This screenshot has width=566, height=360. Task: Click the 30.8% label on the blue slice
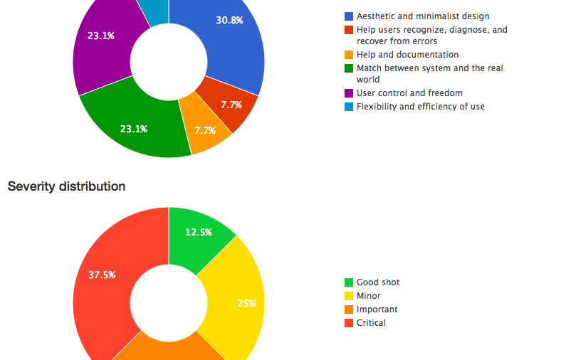point(229,21)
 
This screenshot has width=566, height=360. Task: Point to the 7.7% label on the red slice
point(231,105)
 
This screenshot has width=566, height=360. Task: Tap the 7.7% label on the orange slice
point(204,131)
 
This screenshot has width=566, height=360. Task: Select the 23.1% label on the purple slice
point(100,36)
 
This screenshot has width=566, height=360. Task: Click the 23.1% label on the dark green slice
point(133,129)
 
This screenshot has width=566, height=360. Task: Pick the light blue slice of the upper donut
point(154,11)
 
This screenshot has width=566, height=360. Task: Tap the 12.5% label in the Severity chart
point(198,232)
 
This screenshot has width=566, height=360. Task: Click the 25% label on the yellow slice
point(246,303)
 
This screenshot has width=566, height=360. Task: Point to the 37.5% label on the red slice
point(102,275)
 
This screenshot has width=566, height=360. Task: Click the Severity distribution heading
point(66,186)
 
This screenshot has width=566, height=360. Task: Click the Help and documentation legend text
point(407,55)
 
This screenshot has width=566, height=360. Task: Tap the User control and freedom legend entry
point(409,93)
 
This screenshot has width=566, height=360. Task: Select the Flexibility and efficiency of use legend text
point(420,107)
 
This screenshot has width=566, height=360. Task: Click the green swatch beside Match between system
point(349,68)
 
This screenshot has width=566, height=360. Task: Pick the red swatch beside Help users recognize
point(349,30)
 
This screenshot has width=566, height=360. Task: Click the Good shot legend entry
point(377,282)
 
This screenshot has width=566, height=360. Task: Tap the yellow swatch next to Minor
point(349,296)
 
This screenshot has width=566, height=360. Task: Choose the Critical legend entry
point(371,323)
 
